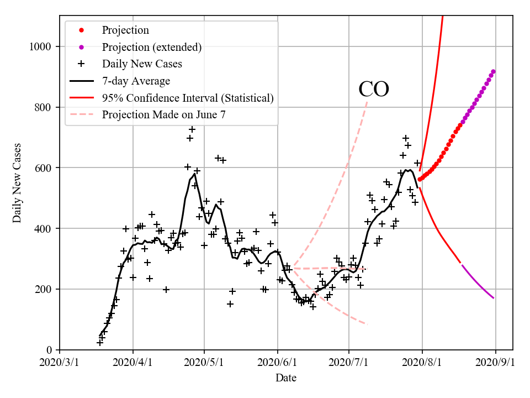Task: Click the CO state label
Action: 374,90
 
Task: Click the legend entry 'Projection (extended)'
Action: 151,47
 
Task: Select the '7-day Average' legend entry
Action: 136,81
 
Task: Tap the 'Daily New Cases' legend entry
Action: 142,64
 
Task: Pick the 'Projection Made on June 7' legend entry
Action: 164,114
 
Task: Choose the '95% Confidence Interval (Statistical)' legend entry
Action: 188,98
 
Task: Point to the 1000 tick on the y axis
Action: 41,46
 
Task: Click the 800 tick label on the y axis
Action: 44,107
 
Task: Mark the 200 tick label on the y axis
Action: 44,289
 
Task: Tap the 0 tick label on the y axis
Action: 49,350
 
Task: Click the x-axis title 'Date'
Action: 286,378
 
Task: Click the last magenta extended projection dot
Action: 493,71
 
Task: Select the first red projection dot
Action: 420,179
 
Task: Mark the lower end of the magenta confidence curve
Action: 493,298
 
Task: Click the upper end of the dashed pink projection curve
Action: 367,101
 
